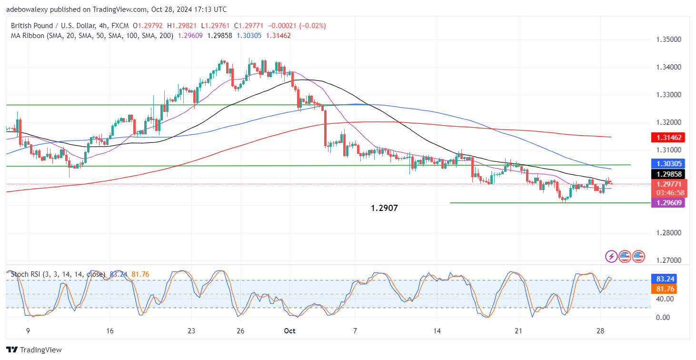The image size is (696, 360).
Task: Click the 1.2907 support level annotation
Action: click(384, 209)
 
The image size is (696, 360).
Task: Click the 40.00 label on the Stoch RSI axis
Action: click(665, 299)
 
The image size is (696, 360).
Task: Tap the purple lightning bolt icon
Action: click(611, 257)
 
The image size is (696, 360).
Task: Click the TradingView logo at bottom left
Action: click(34, 350)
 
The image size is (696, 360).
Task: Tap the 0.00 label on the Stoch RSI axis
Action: click(665, 317)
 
